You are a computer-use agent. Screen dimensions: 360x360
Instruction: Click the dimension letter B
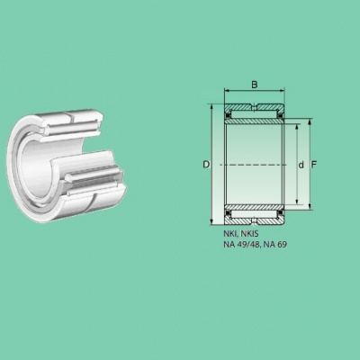255,85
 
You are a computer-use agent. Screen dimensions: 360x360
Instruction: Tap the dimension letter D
206,165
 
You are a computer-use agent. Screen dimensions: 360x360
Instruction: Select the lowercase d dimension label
301,165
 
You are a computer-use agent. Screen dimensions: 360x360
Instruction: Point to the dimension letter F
314,165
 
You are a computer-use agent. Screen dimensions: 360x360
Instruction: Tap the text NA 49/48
242,245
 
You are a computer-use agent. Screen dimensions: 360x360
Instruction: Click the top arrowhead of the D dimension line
211,107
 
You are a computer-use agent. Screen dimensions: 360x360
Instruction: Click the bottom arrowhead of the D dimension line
211,221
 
